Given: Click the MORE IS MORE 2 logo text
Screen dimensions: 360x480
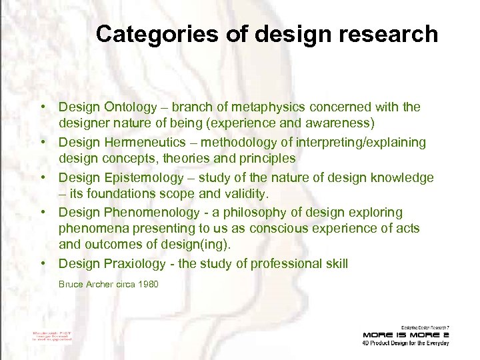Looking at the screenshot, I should click(x=406, y=335).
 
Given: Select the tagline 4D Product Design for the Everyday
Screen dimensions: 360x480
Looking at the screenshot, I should click(x=406, y=343).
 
